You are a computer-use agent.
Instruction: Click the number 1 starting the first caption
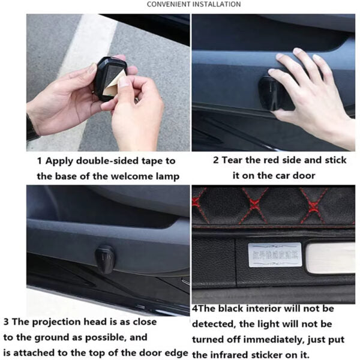click(40, 161)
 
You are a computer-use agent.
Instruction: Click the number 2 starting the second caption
click(216, 161)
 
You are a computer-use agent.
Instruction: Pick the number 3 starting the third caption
click(6, 322)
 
